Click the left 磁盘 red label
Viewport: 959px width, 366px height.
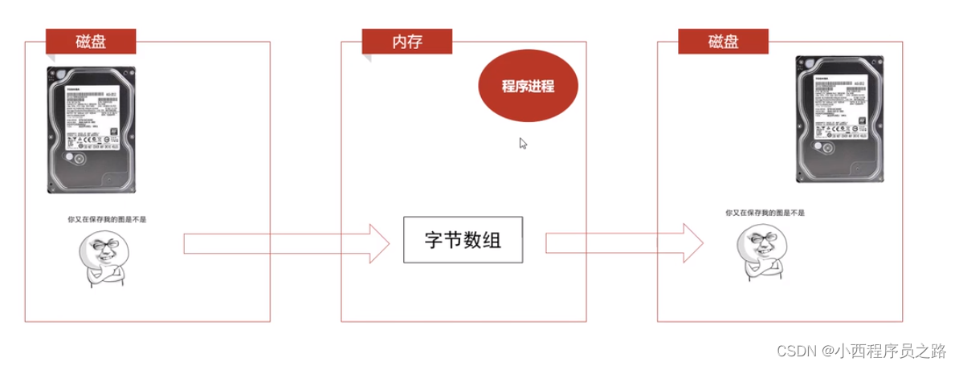91,41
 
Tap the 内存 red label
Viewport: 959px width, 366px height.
407,41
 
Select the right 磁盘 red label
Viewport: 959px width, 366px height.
723,41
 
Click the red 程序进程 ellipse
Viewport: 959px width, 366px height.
528,87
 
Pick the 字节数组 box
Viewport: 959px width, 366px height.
463,239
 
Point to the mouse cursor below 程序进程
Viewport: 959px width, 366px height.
523,143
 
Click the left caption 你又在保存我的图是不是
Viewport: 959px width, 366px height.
108,218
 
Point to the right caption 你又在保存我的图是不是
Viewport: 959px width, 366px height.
765,213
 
